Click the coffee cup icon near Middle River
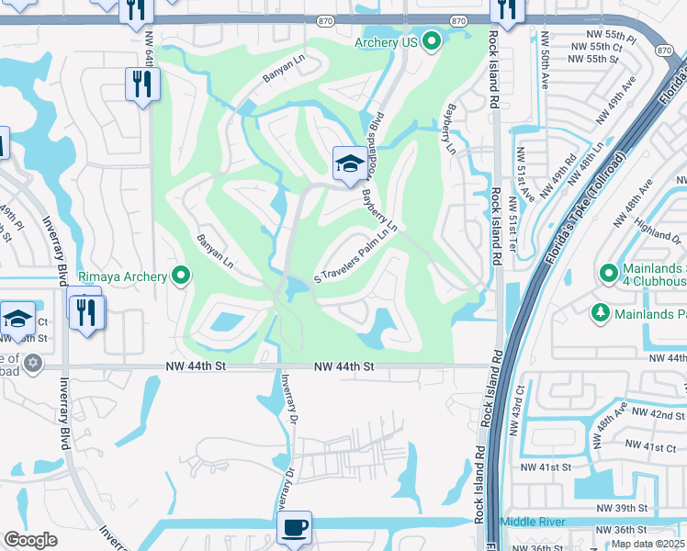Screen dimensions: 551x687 (x=294, y=527)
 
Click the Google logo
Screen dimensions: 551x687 (x=30, y=540)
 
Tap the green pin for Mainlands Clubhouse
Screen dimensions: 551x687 (x=607, y=273)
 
